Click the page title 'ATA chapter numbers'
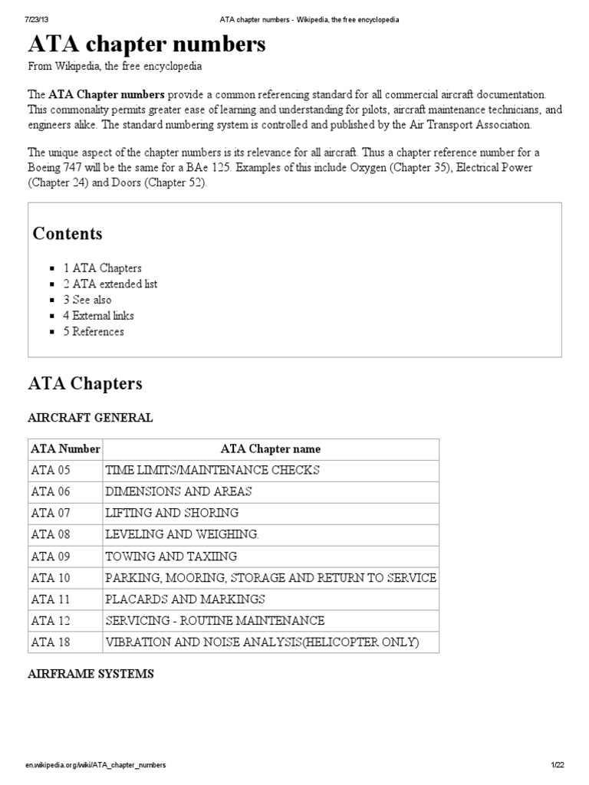147,45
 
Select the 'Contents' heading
67,233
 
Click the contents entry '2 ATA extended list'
110,284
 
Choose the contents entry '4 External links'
98,316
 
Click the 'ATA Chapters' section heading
85,383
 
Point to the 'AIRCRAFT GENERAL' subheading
90,418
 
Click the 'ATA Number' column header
65,449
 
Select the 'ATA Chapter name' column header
271,449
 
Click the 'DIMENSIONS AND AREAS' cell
179,491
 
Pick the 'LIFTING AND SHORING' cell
172,513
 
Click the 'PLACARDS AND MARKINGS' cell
186,599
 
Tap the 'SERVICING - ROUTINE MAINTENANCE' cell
215,620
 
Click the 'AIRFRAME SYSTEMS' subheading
91,674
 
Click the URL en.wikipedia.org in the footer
96,766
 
